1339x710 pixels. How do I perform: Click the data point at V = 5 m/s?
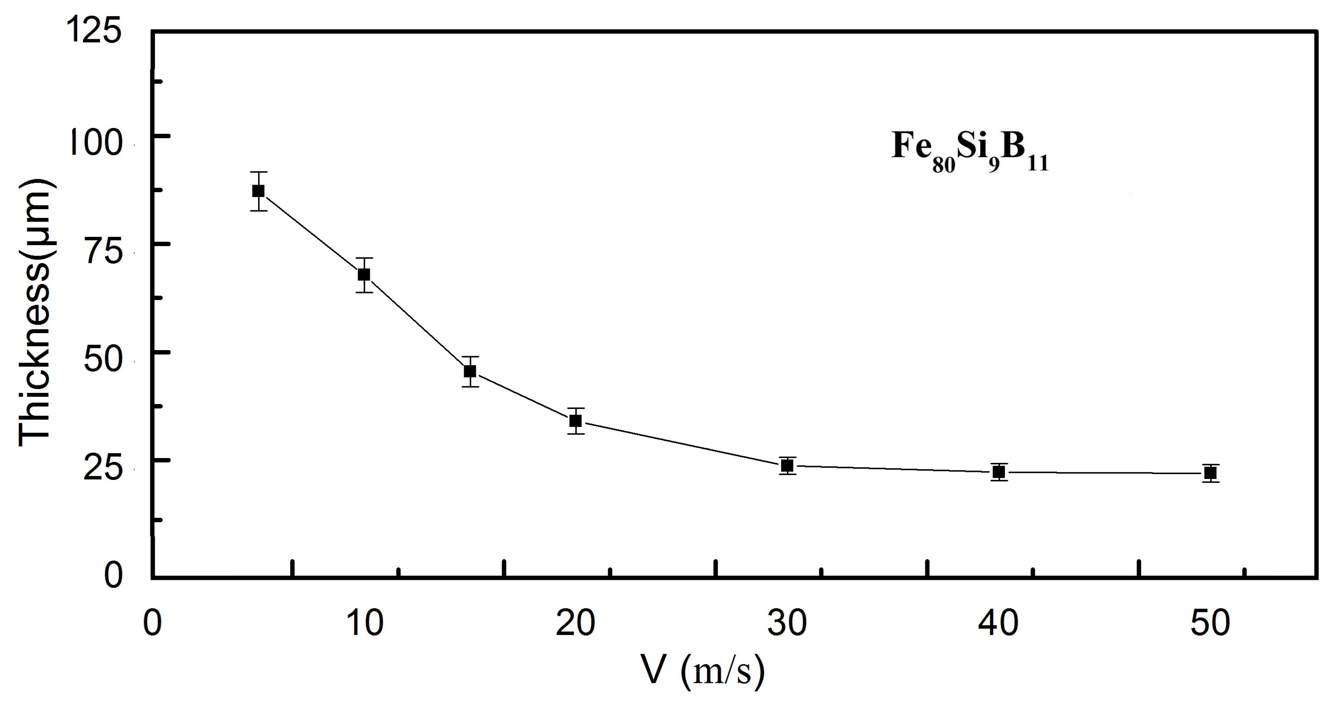pos(258,191)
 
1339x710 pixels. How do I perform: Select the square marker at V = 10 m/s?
pos(364,274)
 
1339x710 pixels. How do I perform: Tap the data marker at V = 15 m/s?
pos(470,371)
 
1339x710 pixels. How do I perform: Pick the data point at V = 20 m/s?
pos(575,421)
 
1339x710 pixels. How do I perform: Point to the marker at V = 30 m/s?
pos(787,466)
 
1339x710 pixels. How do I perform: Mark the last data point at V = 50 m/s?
pos(1211,473)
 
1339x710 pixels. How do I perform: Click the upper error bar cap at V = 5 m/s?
pos(258,172)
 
